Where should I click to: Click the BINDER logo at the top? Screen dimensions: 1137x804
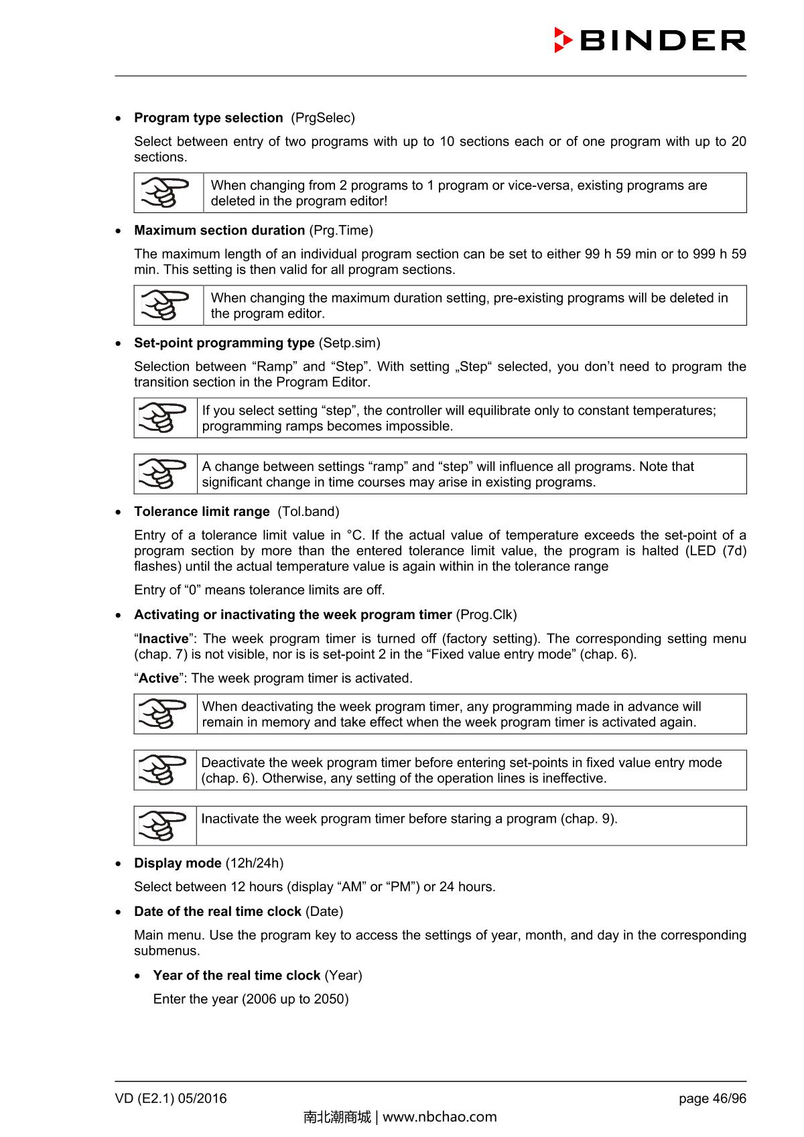[650, 40]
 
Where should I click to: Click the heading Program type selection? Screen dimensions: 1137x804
[208, 118]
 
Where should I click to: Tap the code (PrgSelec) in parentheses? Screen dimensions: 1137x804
[323, 118]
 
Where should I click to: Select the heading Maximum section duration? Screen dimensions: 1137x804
[219, 230]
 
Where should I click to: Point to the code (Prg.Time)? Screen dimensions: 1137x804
[341, 230]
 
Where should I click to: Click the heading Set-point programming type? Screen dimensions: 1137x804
[224, 343]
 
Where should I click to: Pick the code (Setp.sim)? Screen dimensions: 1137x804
[349, 343]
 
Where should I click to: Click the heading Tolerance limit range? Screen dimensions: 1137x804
[202, 512]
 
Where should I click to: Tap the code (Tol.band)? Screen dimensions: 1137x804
[308, 512]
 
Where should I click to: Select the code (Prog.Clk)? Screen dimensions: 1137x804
[486, 615]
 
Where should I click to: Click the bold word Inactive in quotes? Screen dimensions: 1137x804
[163, 639]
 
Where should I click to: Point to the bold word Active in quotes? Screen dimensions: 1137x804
[159, 679]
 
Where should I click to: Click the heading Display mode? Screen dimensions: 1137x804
[178, 864]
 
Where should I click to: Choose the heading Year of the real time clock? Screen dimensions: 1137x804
[237, 976]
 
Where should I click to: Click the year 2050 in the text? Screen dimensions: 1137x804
[330, 1000]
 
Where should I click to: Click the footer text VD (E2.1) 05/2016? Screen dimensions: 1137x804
[171, 1099]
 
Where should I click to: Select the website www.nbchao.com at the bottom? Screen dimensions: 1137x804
[440, 1117]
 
